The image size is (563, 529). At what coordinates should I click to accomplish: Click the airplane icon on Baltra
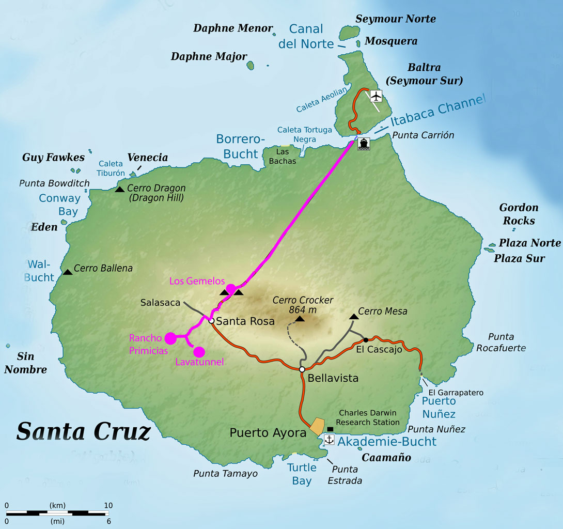pos(376,96)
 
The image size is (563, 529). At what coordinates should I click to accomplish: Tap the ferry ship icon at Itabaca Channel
pos(363,144)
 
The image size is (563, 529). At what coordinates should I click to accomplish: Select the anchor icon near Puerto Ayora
pos(329,440)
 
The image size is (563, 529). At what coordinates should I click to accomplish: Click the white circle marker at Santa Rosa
pos(211,321)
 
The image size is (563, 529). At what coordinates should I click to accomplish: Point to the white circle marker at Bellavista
pos(302,369)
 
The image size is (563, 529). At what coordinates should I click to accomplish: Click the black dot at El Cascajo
pos(366,340)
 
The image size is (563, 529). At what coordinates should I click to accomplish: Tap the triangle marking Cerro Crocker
pos(300,318)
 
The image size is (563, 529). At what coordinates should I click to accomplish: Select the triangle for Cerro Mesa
pos(354,316)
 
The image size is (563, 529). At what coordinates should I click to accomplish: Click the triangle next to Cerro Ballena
pos(68,272)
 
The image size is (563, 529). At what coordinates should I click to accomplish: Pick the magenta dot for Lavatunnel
pos(199,352)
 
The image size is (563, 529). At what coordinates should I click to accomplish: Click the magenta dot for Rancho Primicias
pos(170,338)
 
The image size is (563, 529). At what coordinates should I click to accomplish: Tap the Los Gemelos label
pos(197,281)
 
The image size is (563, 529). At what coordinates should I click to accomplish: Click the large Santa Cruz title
pos(83,431)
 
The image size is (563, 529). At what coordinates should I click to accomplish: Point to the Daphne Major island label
pos(209,56)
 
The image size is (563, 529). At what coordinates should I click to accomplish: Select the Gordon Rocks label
pos(519,214)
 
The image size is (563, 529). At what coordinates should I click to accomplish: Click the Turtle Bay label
pos(302,474)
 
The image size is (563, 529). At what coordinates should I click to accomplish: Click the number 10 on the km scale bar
pos(108,505)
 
